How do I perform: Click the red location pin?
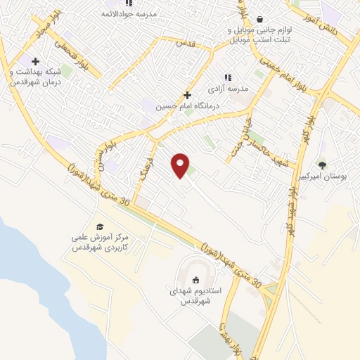pyautogui.click(x=181, y=166)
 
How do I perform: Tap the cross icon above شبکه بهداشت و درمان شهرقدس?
pyautogui.click(x=35, y=61)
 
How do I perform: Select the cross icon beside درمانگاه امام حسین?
pyautogui.click(x=187, y=95)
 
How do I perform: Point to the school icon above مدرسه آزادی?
pyautogui.click(x=227, y=77)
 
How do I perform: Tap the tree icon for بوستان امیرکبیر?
pyautogui.click(x=322, y=165)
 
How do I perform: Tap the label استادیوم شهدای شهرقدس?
pyautogui.click(x=197, y=296)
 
